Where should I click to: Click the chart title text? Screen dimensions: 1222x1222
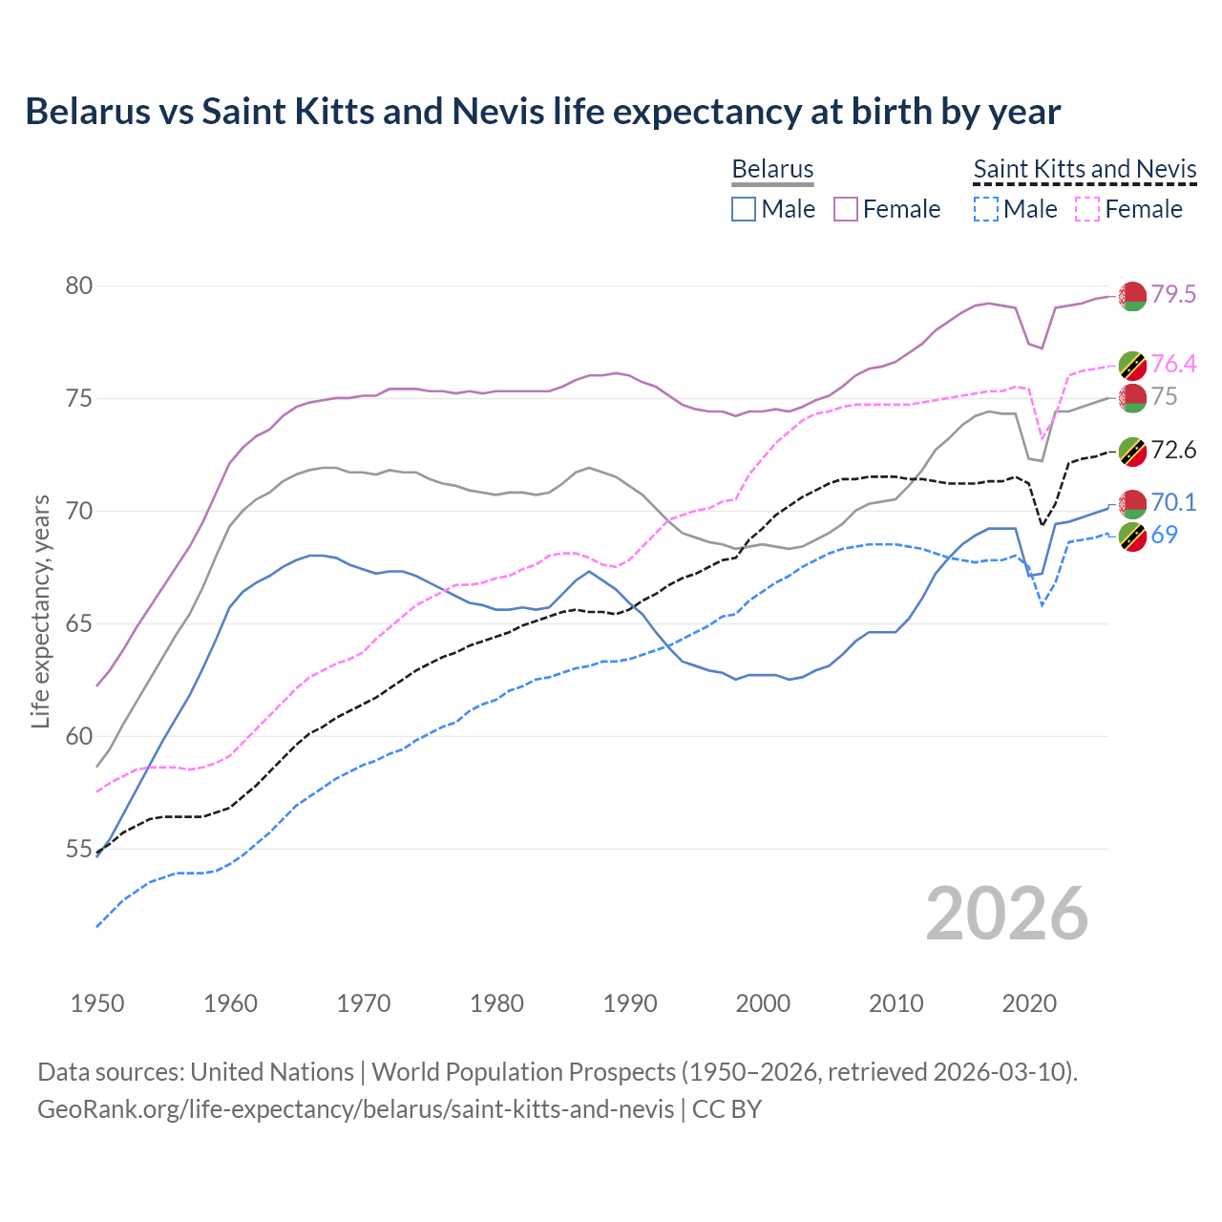click(542, 112)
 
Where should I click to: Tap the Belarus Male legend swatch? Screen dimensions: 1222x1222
click(744, 209)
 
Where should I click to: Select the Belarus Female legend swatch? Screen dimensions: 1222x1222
click(846, 209)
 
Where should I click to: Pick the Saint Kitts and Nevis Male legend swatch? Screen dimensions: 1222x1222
click(985, 209)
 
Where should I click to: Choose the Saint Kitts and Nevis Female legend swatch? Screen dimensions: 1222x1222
click(1087, 209)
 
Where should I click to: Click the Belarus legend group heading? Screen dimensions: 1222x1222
click(772, 169)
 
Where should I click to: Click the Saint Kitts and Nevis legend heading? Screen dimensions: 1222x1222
click(1085, 169)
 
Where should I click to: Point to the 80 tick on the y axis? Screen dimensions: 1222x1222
click(79, 285)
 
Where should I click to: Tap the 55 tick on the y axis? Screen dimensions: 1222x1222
click(79, 849)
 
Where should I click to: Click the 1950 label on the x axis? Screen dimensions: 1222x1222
click(97, 1003)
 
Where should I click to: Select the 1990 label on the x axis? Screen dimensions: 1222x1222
click(630, 1003)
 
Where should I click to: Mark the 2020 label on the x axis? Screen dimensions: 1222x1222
click(1029, 1003)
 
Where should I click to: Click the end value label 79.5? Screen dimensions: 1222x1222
click(1173, 294)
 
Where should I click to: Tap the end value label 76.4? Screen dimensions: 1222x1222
click(1173, 364)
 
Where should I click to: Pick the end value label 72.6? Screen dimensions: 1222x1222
click(1173, 450)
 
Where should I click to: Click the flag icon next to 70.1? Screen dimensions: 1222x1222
click(1132, 503)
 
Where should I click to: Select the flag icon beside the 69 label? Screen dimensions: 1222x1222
click(1132, 537)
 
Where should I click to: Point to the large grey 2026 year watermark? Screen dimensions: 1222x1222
click(1007, 914)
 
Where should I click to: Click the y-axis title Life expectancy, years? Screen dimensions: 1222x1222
click(40, 611)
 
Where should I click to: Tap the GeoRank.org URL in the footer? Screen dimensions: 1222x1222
click(355, 1109)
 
